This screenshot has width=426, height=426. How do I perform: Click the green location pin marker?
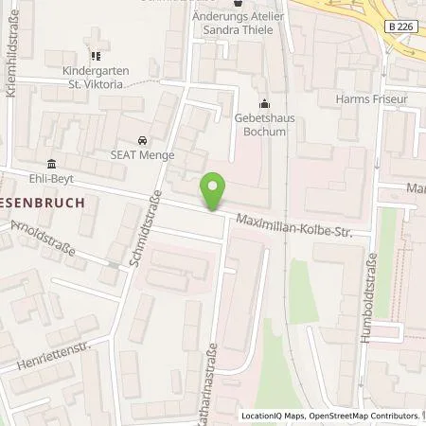[214, 192]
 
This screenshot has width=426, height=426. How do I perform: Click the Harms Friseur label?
[370, 98]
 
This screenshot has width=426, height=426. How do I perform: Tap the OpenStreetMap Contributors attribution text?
[363, 416]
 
